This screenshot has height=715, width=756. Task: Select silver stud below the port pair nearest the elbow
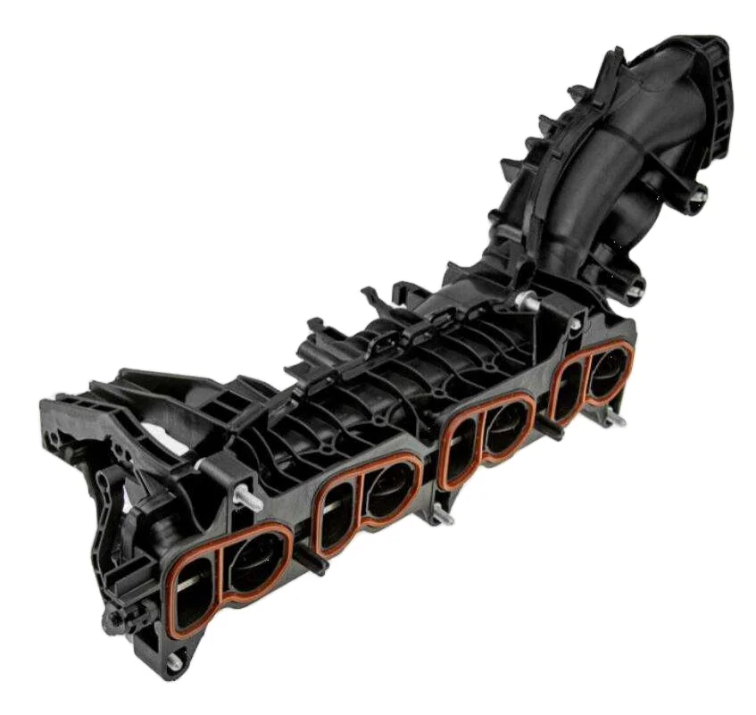tap(613, 420)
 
